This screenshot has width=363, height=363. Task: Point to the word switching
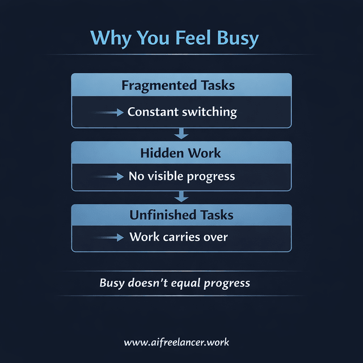(209, 112)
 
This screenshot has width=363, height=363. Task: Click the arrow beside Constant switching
(109, 112)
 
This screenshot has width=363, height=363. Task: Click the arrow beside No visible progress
(109, 177)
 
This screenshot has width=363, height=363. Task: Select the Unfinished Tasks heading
(181, 215)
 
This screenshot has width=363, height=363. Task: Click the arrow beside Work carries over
(109, 238)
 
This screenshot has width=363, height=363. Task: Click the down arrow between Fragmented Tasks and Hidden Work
(181, 134)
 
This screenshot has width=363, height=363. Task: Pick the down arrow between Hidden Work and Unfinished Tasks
(181, 196)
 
